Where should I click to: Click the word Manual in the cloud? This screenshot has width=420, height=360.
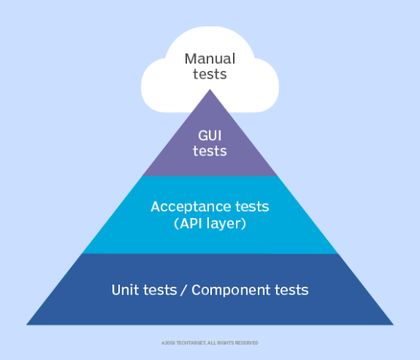point(210,58)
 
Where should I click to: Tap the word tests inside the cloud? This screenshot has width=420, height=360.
point(210,74)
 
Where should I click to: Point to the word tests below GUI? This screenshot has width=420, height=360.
point(210,151)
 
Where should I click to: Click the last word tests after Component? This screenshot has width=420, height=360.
point(293,290)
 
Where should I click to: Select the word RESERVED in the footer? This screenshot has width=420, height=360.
point(245,343)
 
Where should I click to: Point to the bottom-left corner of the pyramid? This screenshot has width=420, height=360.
point(28,325)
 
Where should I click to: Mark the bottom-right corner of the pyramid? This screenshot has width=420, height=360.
point(392,325)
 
